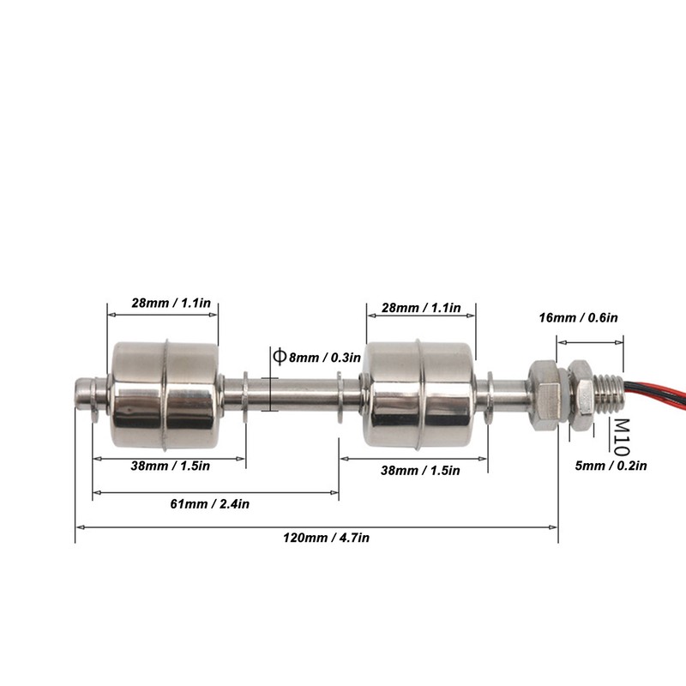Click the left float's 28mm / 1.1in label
coord(171,303)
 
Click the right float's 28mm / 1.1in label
coord(421,308)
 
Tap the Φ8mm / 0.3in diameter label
coord(317,357)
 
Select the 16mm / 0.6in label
coord(578,317)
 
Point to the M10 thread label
coord(621,437)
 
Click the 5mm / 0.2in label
coord(611,466)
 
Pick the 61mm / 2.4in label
coord(209,504)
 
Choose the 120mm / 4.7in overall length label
coord(326,538)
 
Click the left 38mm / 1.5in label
coord(170,466)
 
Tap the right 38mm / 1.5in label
coord(420,470)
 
